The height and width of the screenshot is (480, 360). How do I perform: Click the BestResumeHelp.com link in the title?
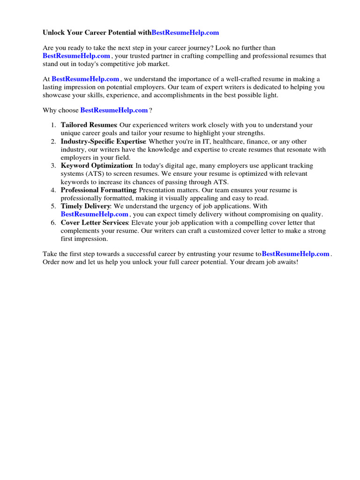(185, 33)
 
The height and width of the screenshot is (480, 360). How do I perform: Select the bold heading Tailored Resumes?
(89, 125)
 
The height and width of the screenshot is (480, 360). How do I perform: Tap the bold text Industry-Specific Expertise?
(103, 142)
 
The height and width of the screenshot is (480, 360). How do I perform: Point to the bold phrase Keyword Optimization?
(97, 166)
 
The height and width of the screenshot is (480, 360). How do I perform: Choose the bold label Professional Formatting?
(98, 190)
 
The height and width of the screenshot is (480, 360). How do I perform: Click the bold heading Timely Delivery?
(85, 206)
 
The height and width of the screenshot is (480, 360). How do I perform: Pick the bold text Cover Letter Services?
(94, 223)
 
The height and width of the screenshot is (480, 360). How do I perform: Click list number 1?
(52, 125)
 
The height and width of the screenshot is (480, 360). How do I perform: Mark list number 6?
(52, 223)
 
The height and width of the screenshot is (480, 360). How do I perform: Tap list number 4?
(52, 190)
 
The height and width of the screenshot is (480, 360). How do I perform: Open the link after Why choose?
(114, 110)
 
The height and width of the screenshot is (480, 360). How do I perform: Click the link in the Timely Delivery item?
(94, 215)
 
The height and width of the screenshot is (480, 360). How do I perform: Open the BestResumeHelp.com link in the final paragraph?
(295, 254)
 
